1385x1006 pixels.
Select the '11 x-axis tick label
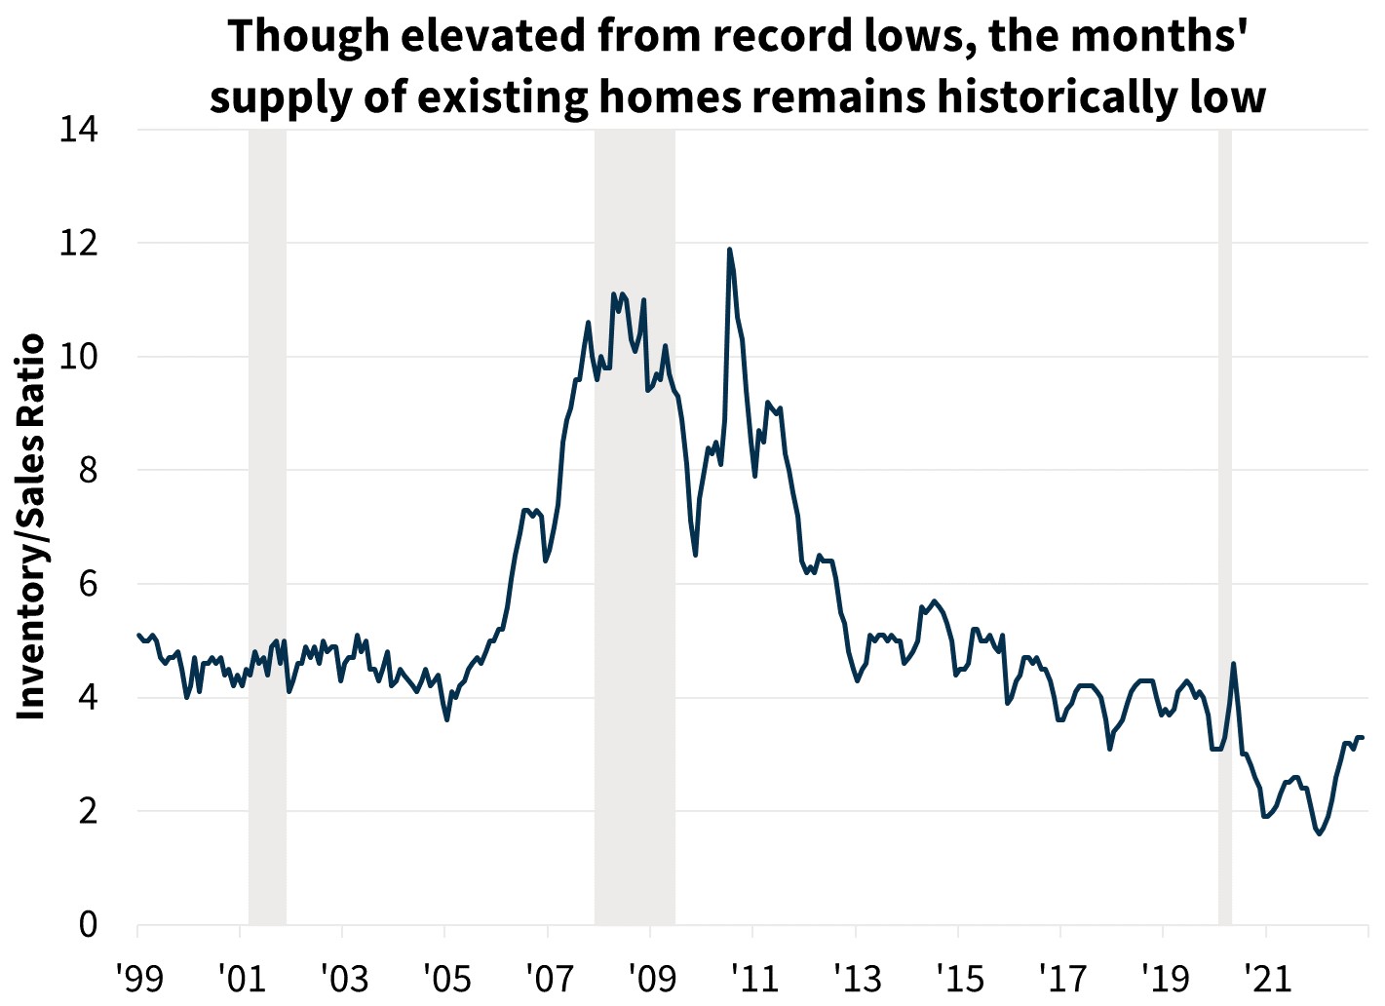(x=751, y=976)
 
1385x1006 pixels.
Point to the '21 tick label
(x=1265, y=976)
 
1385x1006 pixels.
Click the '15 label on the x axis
(x=957, y=976)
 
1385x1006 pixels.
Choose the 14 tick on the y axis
(x=79, y=130)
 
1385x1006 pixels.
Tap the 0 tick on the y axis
(x=89, y=924)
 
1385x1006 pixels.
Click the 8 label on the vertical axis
(x=89, y=470)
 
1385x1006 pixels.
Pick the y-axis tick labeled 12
(x=79, y=243)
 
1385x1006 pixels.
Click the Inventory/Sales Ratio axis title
(x=32, y=526)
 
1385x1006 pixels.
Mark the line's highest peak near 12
(x=729, y=250)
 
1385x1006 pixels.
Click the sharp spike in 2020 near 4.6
(x=1234, y=664)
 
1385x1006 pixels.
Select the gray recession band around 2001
(x=267, y=526)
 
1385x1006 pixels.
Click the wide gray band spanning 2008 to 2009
(x=635, y=526)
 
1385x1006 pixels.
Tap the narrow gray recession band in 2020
(x=1225, y=526)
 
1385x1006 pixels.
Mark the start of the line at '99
(x=138, y=635)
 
